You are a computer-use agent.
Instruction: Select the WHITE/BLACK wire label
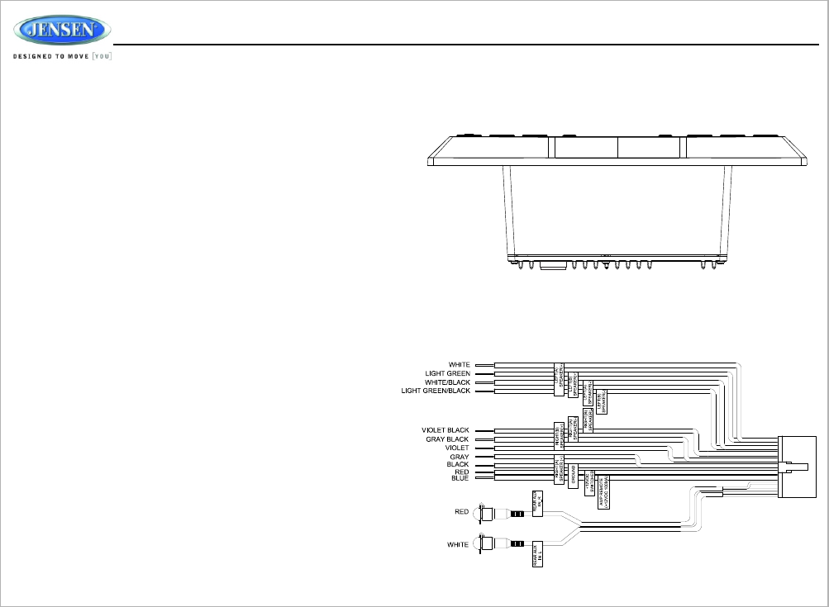tap(448, 382)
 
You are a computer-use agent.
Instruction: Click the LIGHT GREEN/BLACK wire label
tap(436, 391)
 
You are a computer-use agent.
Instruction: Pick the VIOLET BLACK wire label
tap(445, 430)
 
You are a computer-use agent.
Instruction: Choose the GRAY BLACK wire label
tap(447, 439)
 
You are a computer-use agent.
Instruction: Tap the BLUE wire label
tap(460, 478)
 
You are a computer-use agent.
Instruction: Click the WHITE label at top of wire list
tap(460, 365)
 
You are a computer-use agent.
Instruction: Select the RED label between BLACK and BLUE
tap(461, 472)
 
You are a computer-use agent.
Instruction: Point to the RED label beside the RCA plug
tap(461, 512)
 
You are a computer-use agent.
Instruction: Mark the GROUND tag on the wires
tap(574, 476)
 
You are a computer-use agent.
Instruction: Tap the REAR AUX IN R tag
tap(536, 502)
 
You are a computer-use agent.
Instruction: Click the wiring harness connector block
tap(798, 467)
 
